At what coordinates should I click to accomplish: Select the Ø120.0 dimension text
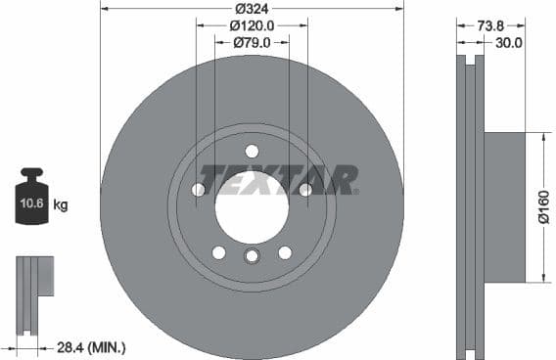(252, 26)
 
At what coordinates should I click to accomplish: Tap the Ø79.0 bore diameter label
(252, 42)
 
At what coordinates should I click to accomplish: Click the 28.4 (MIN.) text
(91, 347)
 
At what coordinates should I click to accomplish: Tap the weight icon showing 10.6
(30, 202)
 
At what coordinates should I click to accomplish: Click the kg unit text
(61, 204)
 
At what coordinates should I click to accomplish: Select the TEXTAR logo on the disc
(279, 179)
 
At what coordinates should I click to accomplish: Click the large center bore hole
(252, 207)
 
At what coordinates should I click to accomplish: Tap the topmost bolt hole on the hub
(252, 151)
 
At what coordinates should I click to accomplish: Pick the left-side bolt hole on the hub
(198, 190)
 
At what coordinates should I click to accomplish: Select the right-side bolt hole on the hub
(305, 190)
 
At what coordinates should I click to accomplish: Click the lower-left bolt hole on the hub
(218, 252)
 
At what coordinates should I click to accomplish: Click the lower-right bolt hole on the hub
(285, 252)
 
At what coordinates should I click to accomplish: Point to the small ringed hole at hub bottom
(252, 256)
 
